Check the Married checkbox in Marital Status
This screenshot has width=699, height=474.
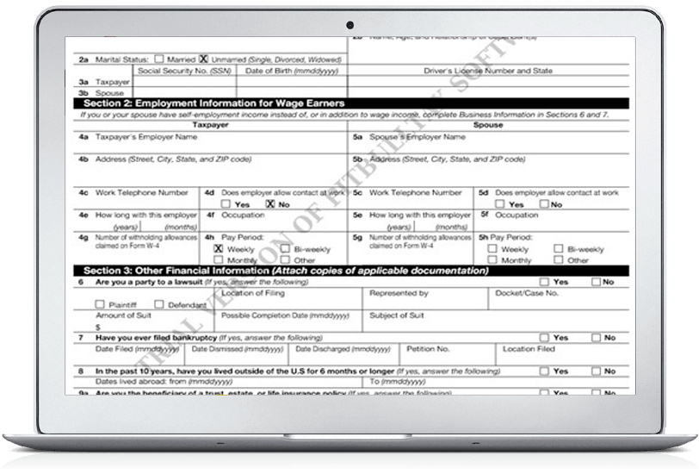point(160,59)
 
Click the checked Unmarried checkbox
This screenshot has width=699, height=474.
point(204,59)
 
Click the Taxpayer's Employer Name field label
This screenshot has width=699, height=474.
point(137,136)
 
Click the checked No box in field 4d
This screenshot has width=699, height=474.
point(271,204)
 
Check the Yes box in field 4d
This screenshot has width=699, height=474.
point(226,204)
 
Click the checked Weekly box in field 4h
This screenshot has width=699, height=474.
point(218,248)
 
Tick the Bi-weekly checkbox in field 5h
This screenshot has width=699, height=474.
point(559,248)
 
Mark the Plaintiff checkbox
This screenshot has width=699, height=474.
point(101,304)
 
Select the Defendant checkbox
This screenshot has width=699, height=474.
point(161,304)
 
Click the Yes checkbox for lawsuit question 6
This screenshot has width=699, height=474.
point(544,282)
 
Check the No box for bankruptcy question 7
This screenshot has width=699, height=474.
point(594,337)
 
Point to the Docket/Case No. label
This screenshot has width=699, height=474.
point(527,293)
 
